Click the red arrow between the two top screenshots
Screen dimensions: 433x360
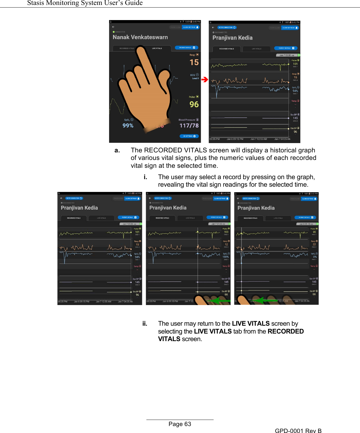[x=205, y=79]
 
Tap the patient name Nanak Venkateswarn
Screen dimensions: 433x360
[x=140, y=37]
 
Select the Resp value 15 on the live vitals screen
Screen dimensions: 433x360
[x=194, y=62]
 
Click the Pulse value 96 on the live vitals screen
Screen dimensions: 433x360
[x=194, y=104]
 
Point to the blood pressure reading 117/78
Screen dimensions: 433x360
[x=189, y=126]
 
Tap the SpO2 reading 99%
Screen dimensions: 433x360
[x=128, y=126]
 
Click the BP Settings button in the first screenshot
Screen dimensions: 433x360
[x=189, y=136]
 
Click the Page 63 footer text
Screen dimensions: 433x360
[x=180, y=424]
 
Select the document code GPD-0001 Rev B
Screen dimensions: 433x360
[x=298, y=431]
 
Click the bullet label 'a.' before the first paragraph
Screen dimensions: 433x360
[x=117, y=150]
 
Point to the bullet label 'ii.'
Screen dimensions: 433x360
[x=145, y=324]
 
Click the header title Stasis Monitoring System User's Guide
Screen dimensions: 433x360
[x=85, y=3]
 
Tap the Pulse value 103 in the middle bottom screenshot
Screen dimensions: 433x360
[x=226, y=232]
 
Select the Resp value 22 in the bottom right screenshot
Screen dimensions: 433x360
[x=314, y=244]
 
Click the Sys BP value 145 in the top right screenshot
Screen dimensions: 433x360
[x=295, y=118]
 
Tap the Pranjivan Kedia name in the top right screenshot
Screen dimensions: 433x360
[x=233, y=38]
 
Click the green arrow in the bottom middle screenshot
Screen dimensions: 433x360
[x=220, y=300]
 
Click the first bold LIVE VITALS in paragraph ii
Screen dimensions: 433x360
[x=251, y=324]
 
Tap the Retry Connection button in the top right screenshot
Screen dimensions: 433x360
[x=227, y=28]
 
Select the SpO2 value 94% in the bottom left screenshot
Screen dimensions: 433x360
[x=137, y=257]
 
